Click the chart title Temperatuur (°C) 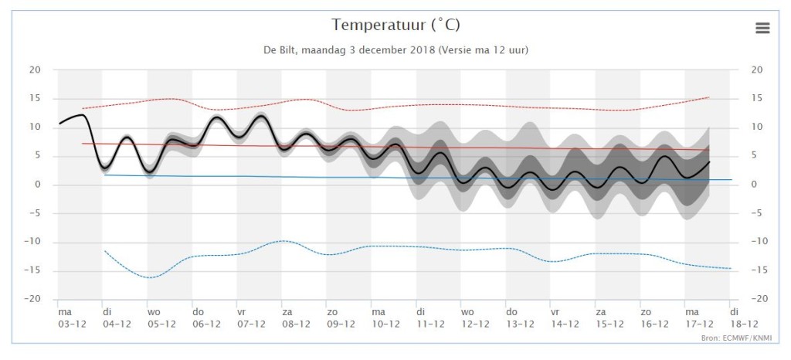tap(395, 25)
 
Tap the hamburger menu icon tap(762, 29)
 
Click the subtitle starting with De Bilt tap(395, 50)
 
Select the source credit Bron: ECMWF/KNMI tap(736, 338)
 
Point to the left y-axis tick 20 tap(34, 70)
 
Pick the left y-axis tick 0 tap(37, 185)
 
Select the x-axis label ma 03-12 tap(72, 318)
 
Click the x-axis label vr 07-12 tap(251, 318)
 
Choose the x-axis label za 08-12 tap(296, 318)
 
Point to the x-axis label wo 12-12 tap(475, 318)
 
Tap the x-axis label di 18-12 tap(743, 318)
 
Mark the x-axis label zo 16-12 tap(655, 318)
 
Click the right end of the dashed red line tap(709, 97)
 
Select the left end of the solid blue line tap(104, 175)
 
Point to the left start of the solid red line tap(82, 143)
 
